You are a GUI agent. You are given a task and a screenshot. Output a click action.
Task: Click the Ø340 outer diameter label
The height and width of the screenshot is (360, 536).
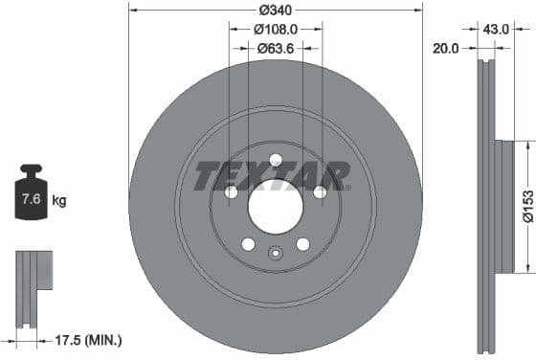276,11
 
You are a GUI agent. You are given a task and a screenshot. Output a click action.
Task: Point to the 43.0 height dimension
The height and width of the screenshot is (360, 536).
494,29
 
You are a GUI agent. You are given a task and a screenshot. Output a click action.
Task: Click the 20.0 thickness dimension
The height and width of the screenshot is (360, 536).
447,46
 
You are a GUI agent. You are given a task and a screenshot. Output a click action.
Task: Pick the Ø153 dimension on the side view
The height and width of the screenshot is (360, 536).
526,206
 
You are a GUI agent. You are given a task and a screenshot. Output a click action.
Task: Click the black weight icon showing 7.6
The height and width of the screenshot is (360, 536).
31,197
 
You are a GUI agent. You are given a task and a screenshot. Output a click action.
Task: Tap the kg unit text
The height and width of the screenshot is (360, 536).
60,201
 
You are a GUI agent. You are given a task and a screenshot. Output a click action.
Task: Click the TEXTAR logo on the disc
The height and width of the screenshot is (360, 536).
273,177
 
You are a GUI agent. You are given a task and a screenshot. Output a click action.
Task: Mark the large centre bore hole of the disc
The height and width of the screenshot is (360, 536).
276,204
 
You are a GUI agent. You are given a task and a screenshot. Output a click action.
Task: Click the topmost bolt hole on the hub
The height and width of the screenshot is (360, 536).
276,160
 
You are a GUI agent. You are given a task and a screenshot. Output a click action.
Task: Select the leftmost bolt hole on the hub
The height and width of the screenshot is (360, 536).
232,192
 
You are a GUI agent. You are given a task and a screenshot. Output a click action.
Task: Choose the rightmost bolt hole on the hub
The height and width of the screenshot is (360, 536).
320,192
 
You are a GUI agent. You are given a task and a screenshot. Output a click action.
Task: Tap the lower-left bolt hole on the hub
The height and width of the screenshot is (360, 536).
248,244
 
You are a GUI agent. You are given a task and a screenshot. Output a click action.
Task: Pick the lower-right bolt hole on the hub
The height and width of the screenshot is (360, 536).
302,244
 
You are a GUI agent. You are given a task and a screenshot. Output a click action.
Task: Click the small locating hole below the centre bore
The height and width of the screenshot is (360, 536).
275,254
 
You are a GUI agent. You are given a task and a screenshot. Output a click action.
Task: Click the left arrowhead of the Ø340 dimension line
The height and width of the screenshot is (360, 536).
133,11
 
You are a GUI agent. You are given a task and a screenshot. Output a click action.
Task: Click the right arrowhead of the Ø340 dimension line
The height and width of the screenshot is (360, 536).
418,11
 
